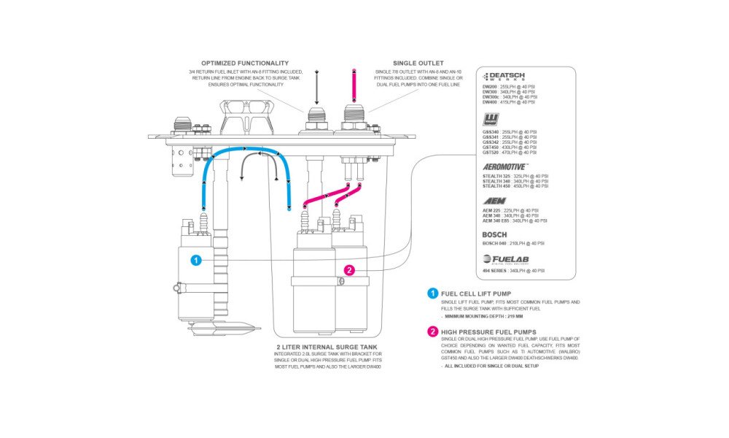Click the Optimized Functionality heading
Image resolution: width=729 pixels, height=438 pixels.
click(x=245, y=64)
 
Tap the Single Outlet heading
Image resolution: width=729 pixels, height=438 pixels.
click(x=418, y=64)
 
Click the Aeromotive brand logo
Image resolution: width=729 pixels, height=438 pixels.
click(x=506, y=166)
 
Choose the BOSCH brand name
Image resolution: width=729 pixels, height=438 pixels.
click(x=494, y=234)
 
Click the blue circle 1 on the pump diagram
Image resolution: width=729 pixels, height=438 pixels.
click(x=195, y=259)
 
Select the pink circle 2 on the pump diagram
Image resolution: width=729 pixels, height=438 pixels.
click(x=349, y=270)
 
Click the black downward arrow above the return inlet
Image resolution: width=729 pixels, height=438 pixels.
click(x=317, y=88)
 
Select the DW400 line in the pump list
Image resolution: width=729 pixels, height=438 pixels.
click(x=510, y=102)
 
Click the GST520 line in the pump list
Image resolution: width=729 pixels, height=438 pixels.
click(x=510, y=153)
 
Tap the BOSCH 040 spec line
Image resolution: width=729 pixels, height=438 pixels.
click(x=513, y=243)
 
